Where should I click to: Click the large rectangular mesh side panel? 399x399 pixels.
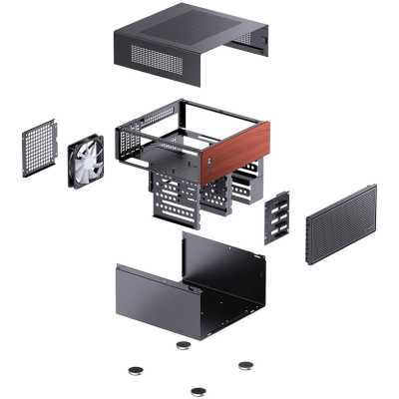click(x=340, y=224)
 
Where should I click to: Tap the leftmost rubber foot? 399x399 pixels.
click(x=136, y=370)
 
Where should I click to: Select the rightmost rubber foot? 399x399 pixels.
click(x=245, y=364)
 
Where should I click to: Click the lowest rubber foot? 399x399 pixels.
click(x=199, y=390)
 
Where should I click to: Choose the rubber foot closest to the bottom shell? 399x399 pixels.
click(x=184, y=346)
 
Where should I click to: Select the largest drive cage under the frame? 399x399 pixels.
click(x=175, y=199)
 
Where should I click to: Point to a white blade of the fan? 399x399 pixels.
click(x=80, y=151)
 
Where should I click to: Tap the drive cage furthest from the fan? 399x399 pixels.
click(x=244, y=185)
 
